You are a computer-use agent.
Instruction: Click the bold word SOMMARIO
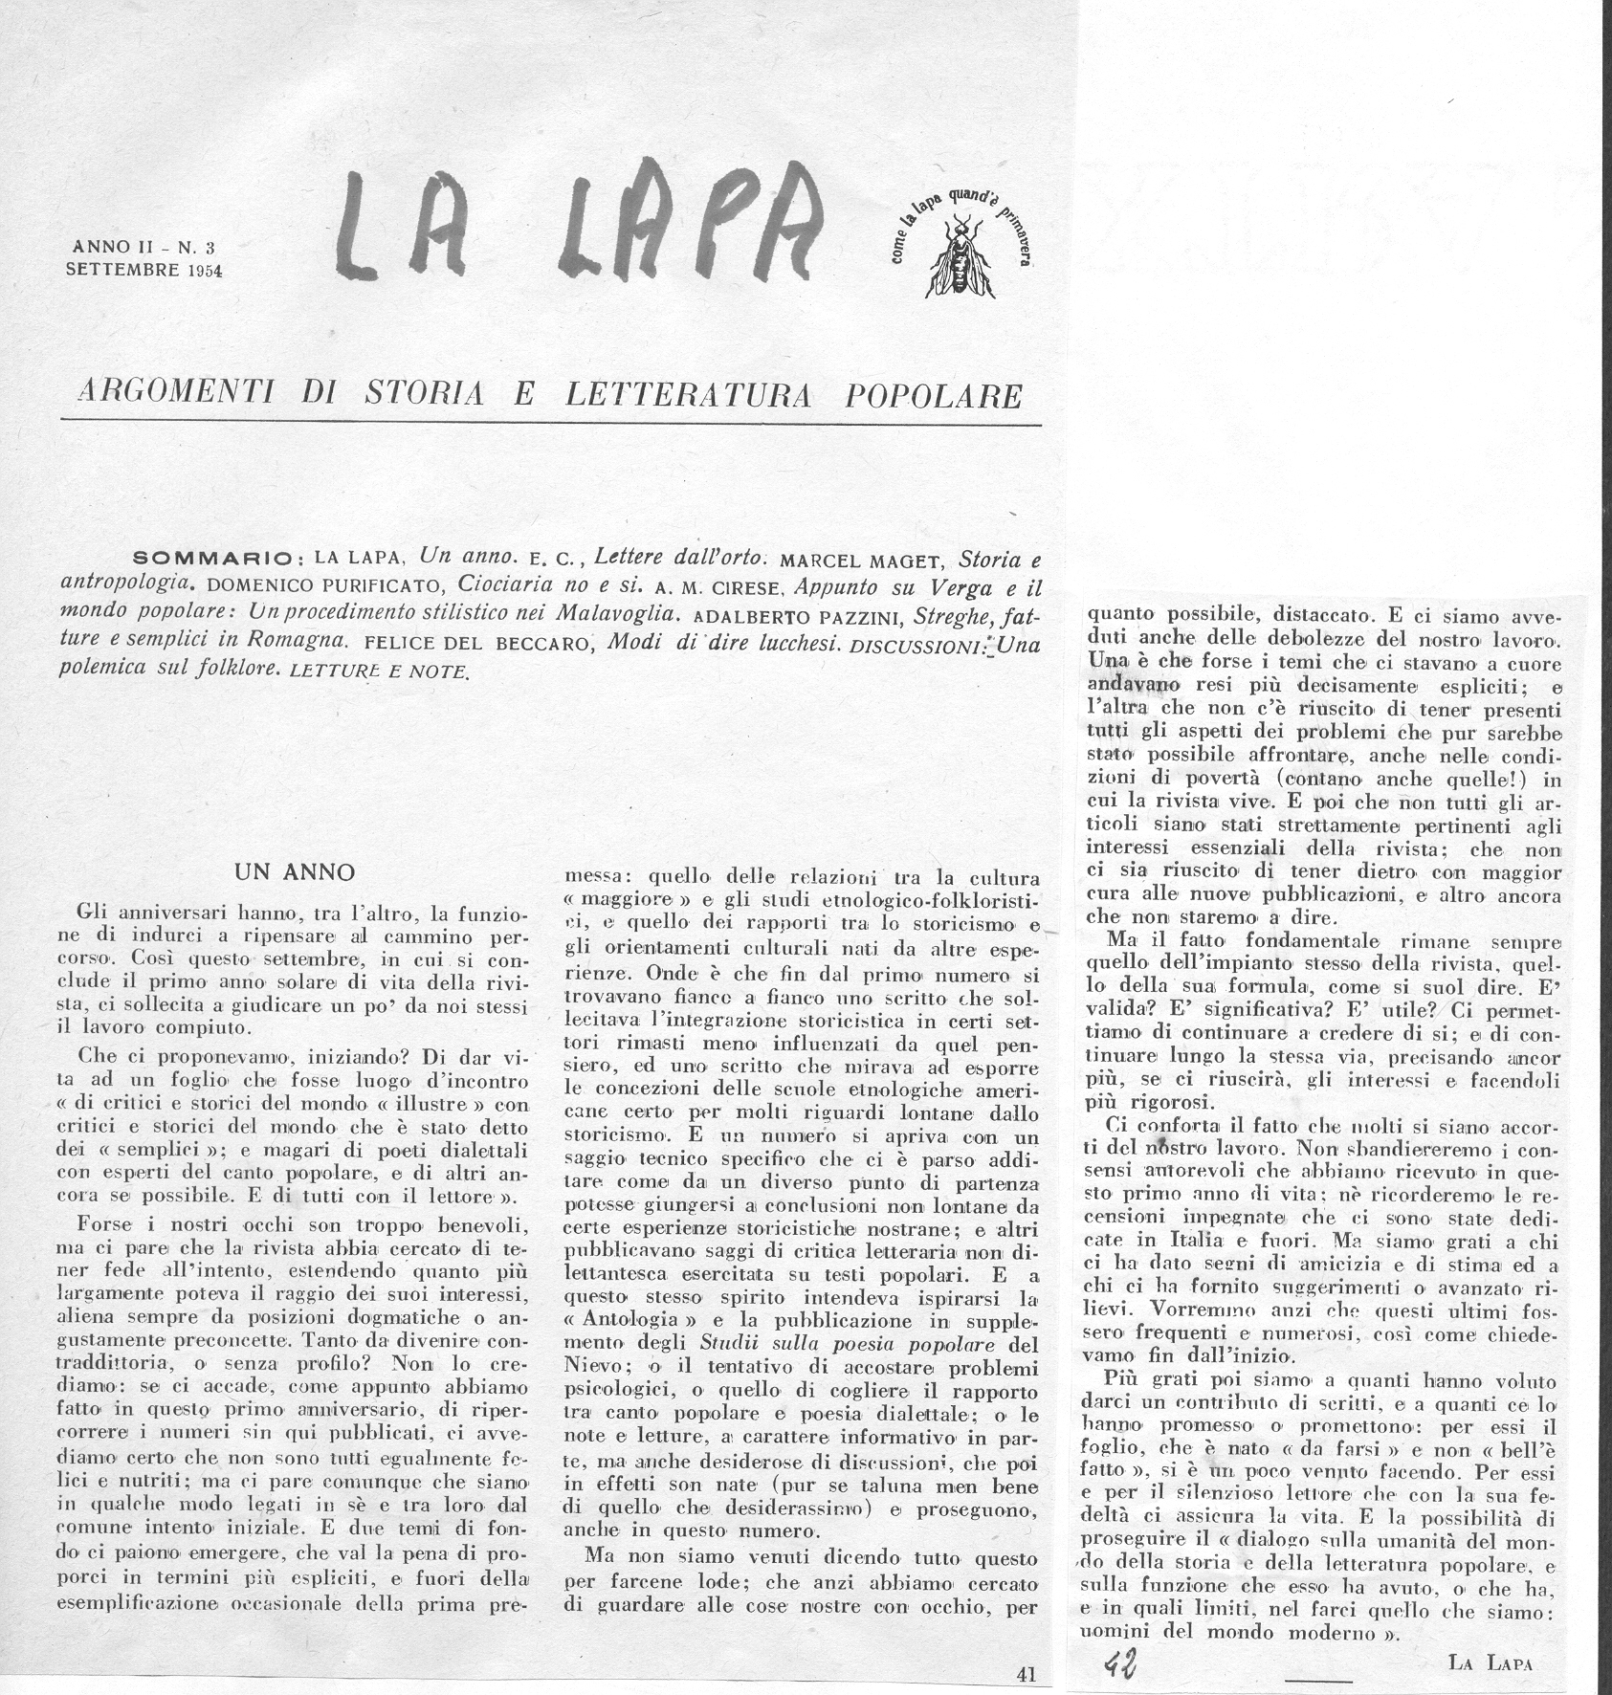pos(219,558)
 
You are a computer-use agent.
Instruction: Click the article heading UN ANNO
pos(295,872)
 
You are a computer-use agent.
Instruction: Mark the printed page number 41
pos(1026,1674)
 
